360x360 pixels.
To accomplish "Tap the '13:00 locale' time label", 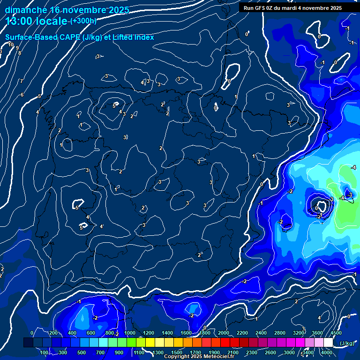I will click(x=37, y=21).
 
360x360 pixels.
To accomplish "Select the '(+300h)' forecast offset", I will click(x=83, y=21).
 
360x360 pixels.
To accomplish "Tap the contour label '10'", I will click(x=11, y=45).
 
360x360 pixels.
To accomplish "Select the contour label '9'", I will click(x=17, y=48).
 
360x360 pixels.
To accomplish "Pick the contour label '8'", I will click(x=20, y=53).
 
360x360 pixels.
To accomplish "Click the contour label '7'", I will click(x=21, y=81).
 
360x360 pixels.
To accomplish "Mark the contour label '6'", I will click(x=22, y=95).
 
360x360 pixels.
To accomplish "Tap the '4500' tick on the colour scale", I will click(x=336, y=333).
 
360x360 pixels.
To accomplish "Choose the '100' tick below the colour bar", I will click(x=45, y=352).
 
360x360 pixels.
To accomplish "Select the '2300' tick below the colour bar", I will click(x=251, y=352).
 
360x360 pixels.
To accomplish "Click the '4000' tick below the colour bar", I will click(x=326, y=352).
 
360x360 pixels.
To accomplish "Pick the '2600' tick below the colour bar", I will click(x=270, y=352).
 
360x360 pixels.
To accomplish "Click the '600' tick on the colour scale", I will click(x=91, y=333).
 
